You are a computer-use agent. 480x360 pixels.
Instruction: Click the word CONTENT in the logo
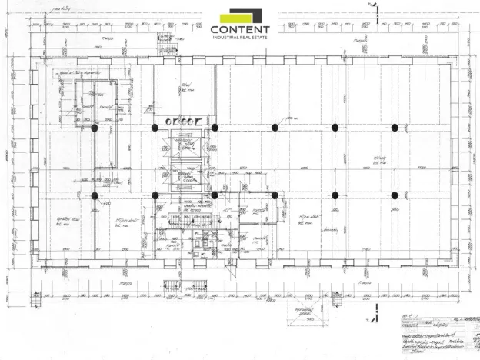tap(240, 29)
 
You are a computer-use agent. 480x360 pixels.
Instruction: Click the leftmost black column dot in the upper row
tap(95, 128)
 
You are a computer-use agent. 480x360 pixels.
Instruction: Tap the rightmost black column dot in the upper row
tap(395, 128)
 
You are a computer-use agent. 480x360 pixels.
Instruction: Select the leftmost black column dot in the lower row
tap(95, 195)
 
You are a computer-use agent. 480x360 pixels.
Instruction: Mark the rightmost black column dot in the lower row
tap(395, 195)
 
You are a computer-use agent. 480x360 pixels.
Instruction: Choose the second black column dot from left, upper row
tap(155, 128)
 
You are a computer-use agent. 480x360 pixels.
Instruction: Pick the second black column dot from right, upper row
tap(335, 128)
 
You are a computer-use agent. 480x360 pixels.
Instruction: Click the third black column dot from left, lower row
tap(215, 195)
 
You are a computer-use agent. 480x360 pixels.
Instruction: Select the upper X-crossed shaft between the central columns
tap(185, 148)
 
